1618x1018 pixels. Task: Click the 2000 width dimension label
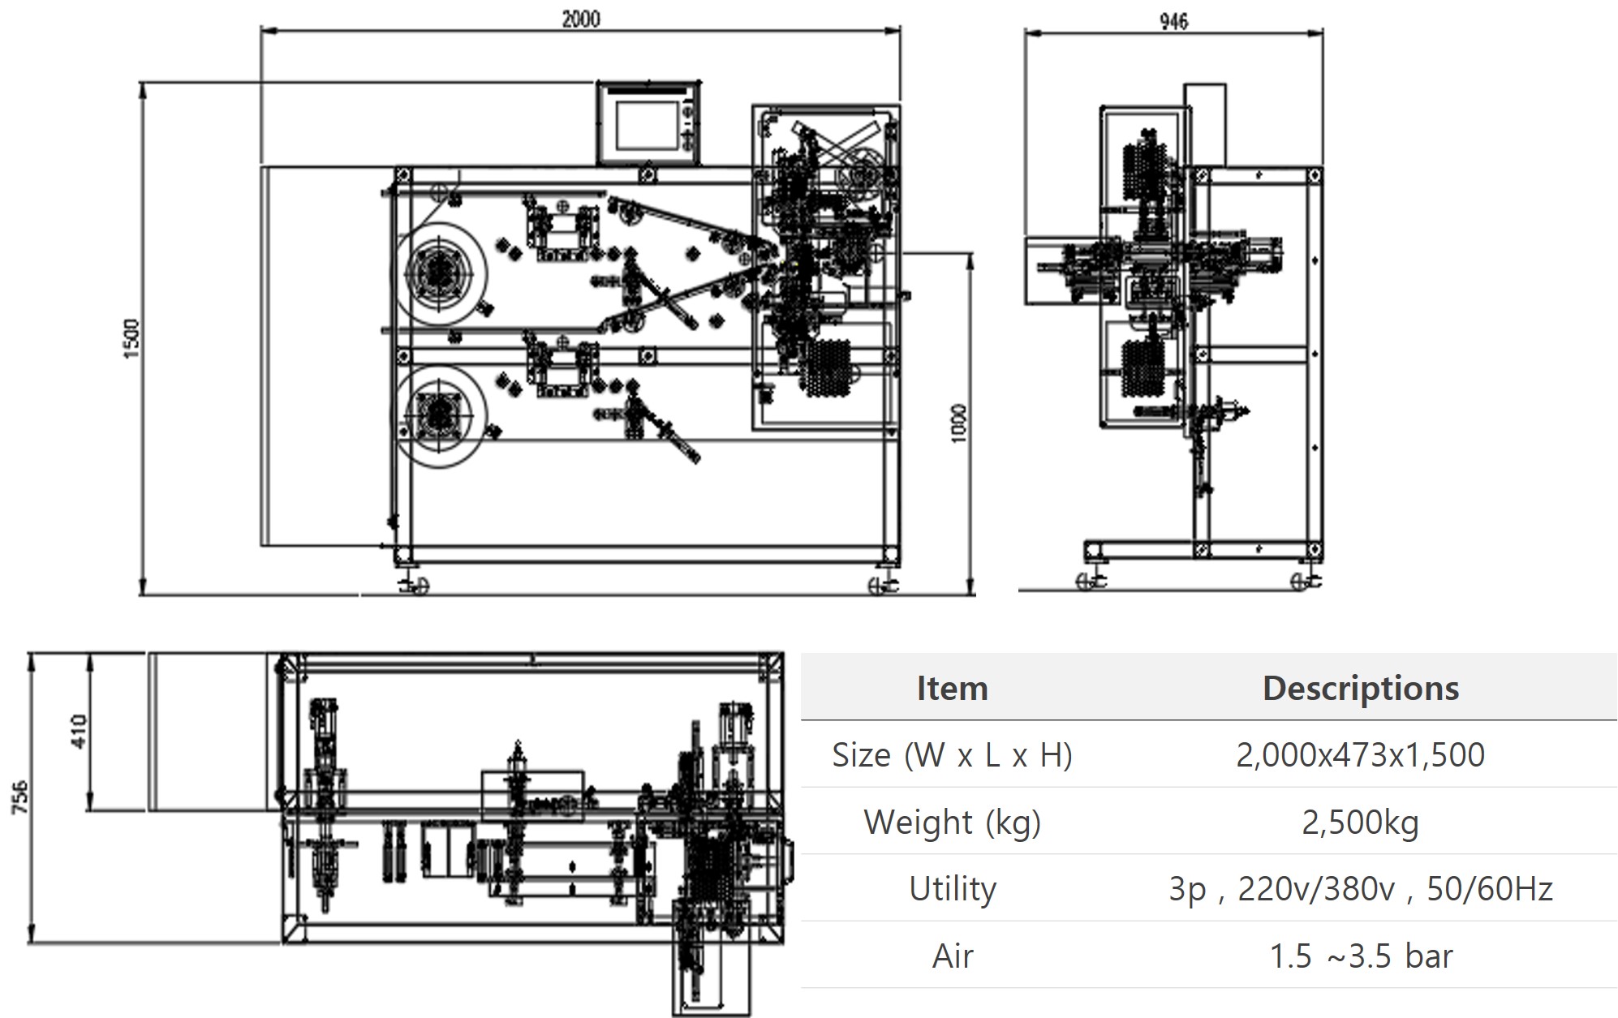(x=581, y=18)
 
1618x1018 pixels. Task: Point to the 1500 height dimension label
(x=131, y=338)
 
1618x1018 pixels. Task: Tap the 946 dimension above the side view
(x=1173, y=21)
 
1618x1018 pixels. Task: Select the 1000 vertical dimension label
(x=958, y=423)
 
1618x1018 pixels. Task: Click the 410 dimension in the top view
(x=79, y=731)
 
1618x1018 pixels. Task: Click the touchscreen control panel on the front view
(x=649, y=123)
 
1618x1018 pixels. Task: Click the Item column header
(x=952, y=688)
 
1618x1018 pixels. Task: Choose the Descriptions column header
(x=1361, y=688)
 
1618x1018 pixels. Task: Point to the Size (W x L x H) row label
(x=952, y=755)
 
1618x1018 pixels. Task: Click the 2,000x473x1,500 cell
(x=1361, y=755)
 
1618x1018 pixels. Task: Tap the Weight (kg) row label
(x=952, y=823)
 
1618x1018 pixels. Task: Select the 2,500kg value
(x=1361, y=823)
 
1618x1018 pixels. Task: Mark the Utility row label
(x=952, y=889)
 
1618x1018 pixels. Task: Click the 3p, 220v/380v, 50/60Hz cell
(x=1361, y=889)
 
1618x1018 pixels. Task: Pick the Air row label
(x=952, y=956)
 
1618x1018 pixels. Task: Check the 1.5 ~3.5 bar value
(x=1361, y=956)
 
